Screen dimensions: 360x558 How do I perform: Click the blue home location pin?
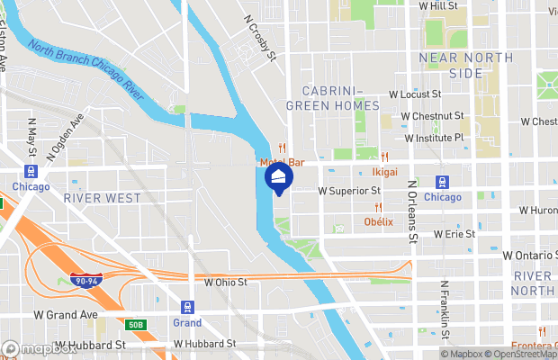pyautogui.click(x=280, y=178)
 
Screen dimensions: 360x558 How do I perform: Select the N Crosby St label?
pyautogui.click(x=259, y=38)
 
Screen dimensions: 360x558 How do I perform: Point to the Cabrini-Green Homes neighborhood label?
pyautogui.click(x=332, y=99)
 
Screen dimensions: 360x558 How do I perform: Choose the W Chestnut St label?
pyautogui.click(x=432, y=116)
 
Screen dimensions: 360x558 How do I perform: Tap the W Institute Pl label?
pyautogui.click(x=434, y=139)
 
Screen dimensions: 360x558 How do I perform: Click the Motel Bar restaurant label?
pyautogui.click(x=282, y=163)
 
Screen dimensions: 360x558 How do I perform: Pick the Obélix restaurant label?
pyautogui.click(x=379, y=221)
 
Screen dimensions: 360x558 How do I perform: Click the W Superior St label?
pyautogui.click(x=349, y=191)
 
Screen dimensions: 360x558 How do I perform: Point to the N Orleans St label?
pyautogui.click(x=413, y=212)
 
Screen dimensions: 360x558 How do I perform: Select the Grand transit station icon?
pyautogui.click(x=188, y=306)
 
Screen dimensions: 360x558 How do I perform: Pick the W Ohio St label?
pyautogui.click(x=225, y=283)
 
